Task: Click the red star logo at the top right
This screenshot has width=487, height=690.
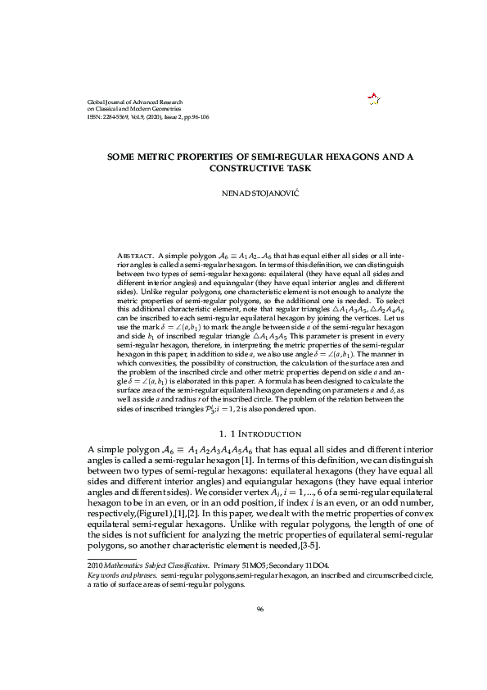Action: (375, 99)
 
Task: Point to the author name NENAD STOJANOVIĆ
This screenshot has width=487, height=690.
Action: (243, 196)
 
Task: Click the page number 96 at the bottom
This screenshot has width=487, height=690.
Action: (259, 608)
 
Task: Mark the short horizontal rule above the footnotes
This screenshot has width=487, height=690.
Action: (111, 558)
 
